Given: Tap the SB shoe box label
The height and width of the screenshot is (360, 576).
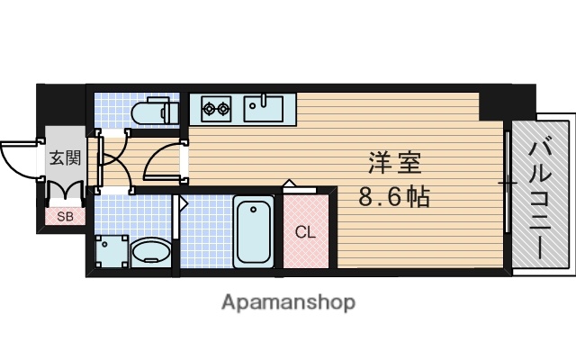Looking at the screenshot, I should pos(64,216).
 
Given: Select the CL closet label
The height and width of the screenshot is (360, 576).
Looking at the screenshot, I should pos(306,231).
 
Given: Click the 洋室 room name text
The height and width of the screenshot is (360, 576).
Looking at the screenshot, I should pos(394,165).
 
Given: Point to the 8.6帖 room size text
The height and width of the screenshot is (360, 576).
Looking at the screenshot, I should pos(394,195).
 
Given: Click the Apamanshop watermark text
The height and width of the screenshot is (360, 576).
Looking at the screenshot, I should pos(288,301).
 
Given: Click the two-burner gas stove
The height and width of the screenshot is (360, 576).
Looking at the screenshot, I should pos(217,109).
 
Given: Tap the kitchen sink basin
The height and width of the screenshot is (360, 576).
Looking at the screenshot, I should pos(265,109).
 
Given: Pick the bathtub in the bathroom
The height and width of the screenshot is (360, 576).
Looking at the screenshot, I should pos(253,231).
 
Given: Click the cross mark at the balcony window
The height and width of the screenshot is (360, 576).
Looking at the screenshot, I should pos(508,184).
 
